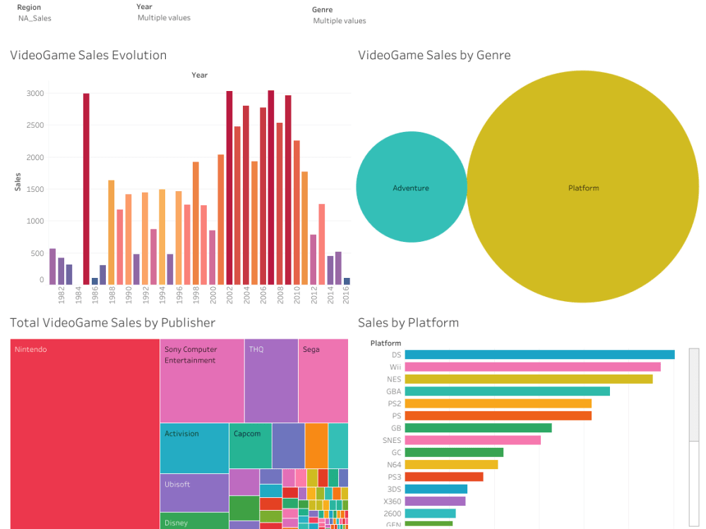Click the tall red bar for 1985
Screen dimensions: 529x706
pyautogui.click(x=86, y=188)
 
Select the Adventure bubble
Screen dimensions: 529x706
pyautogui.click(x=411, y=188)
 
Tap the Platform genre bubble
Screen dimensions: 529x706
pyautogui.click(x=583, y=188)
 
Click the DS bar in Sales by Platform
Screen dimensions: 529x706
pyautogui.click(x=539, y=355)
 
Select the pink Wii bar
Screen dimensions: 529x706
pyautogui.click(x=532, y=367)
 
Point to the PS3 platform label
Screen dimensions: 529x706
pyautogui.click(x=395, y=477)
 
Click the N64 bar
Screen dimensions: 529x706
pyautogui.click(x=451, y=465)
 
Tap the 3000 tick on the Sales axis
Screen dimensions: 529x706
pyautogui.click(x=36, y=93)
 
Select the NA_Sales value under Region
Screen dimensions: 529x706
pyautogui.click(x=35, y=18)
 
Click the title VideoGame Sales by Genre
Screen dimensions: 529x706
pyautogui.click(x=433, y=55)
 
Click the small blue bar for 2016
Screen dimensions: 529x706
pyautogui.click(x=347, y=281)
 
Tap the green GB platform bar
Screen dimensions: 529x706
pyautogui.click(x=478, y=428)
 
